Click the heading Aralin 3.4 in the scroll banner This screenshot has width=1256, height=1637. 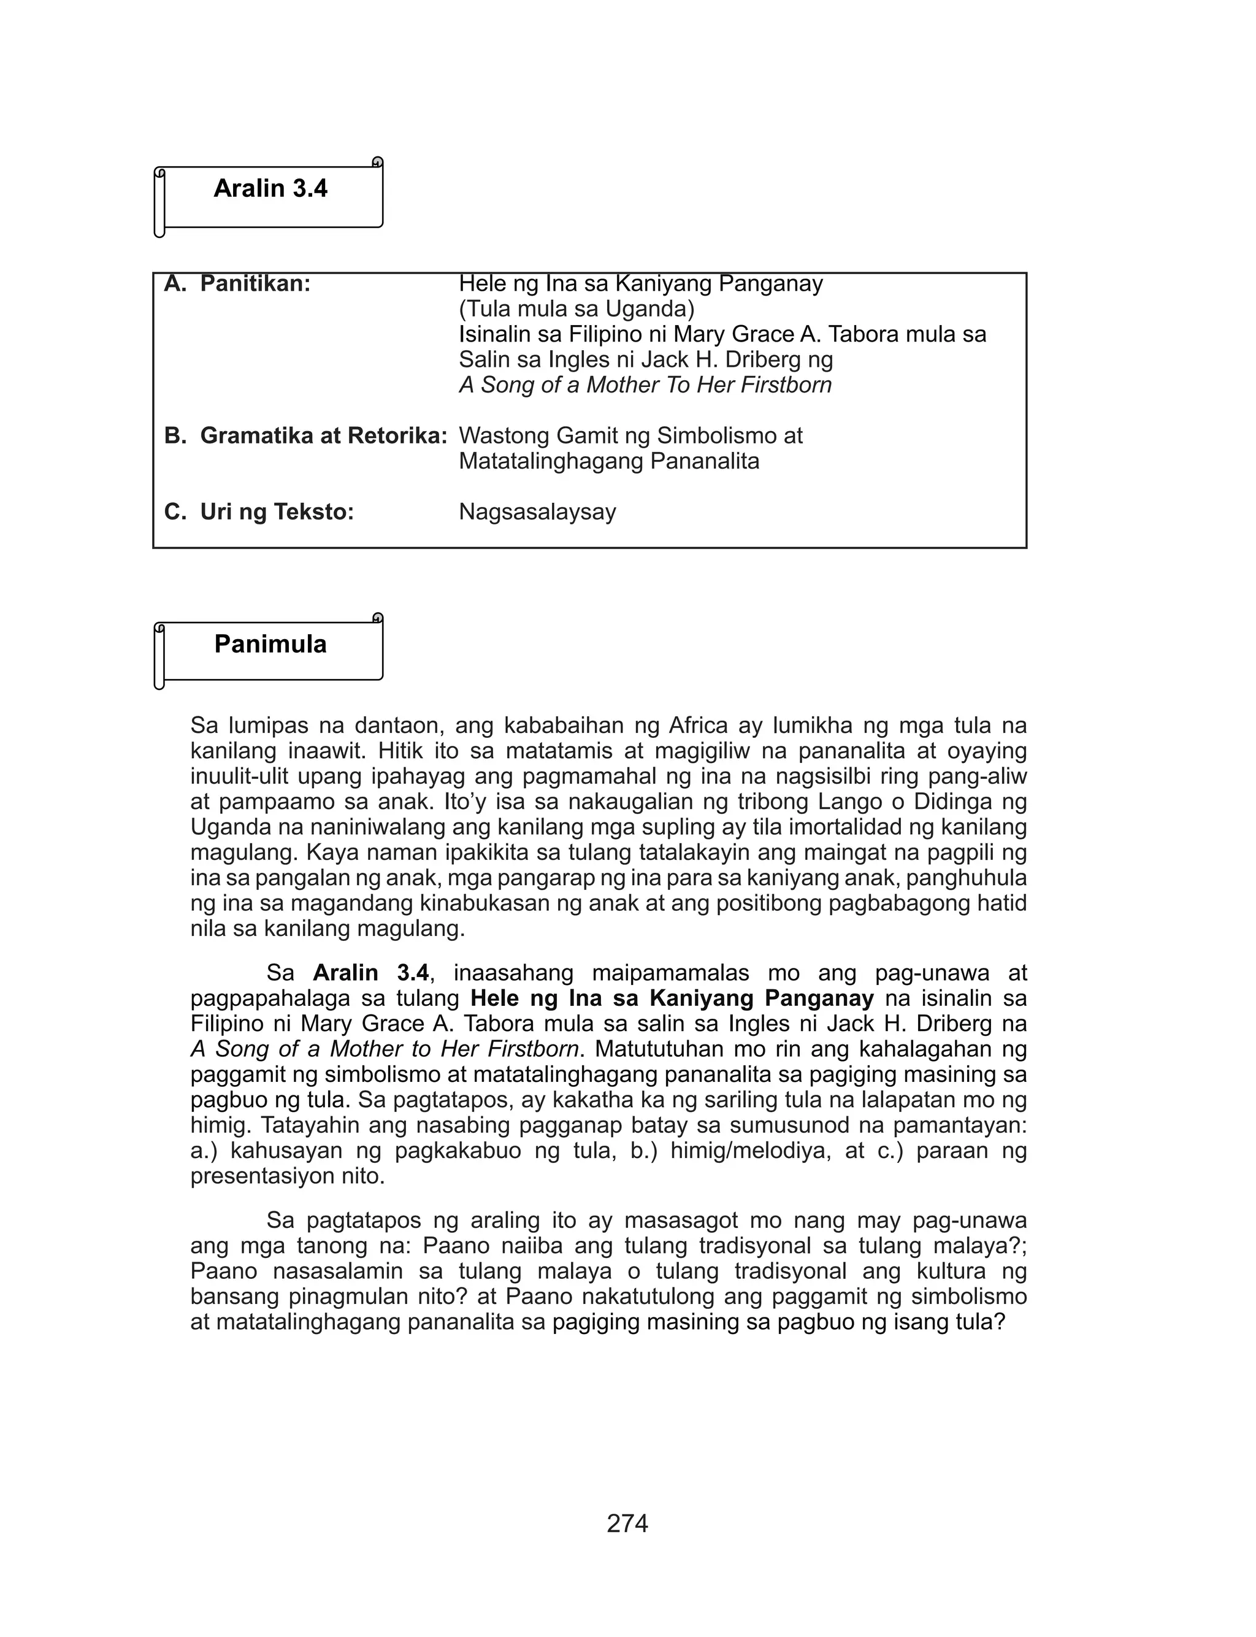270,188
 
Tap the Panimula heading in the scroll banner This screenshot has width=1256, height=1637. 270,645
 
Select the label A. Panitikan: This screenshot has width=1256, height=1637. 237,284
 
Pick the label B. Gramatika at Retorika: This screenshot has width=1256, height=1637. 305,436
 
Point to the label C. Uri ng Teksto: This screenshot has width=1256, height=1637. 259,512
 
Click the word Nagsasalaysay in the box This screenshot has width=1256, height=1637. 537,512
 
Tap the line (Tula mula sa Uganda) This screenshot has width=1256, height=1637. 576,309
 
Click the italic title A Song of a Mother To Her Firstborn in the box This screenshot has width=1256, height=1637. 645,385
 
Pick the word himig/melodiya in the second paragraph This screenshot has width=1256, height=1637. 751,1151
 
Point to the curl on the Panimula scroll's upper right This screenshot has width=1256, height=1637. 378,618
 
